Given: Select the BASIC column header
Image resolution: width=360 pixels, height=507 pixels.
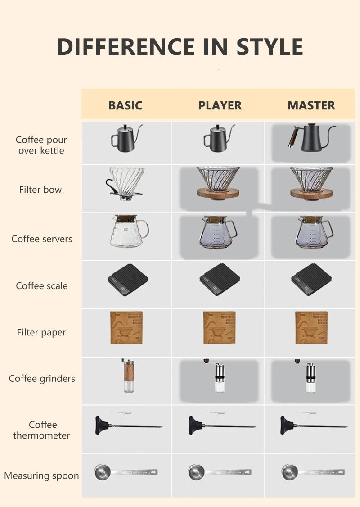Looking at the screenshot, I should click(x=126, y=105).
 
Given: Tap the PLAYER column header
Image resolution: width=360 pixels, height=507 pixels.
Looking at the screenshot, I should click(x=220, y=105).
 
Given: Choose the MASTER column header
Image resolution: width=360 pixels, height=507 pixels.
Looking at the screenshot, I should click(x=311, y=105).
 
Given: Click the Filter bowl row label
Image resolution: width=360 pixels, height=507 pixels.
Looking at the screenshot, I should click(x=41, y=190).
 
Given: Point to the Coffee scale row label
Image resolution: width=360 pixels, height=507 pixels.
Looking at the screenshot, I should click(x=41, y=286).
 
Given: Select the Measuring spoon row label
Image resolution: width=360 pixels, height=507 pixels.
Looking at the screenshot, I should click(x=41, y=475).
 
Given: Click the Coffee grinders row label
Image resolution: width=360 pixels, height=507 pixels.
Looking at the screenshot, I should click(x=42, y=379).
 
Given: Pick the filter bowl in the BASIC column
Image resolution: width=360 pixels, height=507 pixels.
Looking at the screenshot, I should click(x=126, y=182).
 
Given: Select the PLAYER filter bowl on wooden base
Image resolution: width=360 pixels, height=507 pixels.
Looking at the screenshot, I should click(x=218, y=182).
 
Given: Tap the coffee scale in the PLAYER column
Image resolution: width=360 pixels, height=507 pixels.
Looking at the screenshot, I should click(x=220, y=280).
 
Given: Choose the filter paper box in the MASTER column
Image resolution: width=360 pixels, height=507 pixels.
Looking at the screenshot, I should click(x=311, y=328).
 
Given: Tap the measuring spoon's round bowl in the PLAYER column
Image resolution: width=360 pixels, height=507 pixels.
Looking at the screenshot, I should click(x=196, y=472).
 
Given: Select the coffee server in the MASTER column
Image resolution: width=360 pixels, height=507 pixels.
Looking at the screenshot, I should click(x=312, y=232).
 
